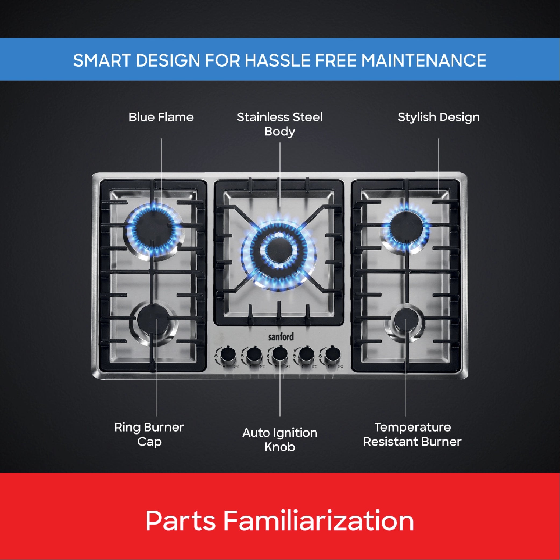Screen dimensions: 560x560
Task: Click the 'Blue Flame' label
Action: pos(161,117)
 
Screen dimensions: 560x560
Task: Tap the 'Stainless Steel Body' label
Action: pos(280,124)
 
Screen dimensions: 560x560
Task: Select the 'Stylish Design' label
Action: pos(438,117)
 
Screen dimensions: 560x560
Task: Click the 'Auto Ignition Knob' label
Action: pos(280,440)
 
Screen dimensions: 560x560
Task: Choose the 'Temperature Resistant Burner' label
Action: pos(412,435)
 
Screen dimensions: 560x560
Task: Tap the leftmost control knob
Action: pos(228,355)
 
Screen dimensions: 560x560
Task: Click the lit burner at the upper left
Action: pos(155,229)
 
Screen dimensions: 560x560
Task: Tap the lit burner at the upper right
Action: pos(406,228)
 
